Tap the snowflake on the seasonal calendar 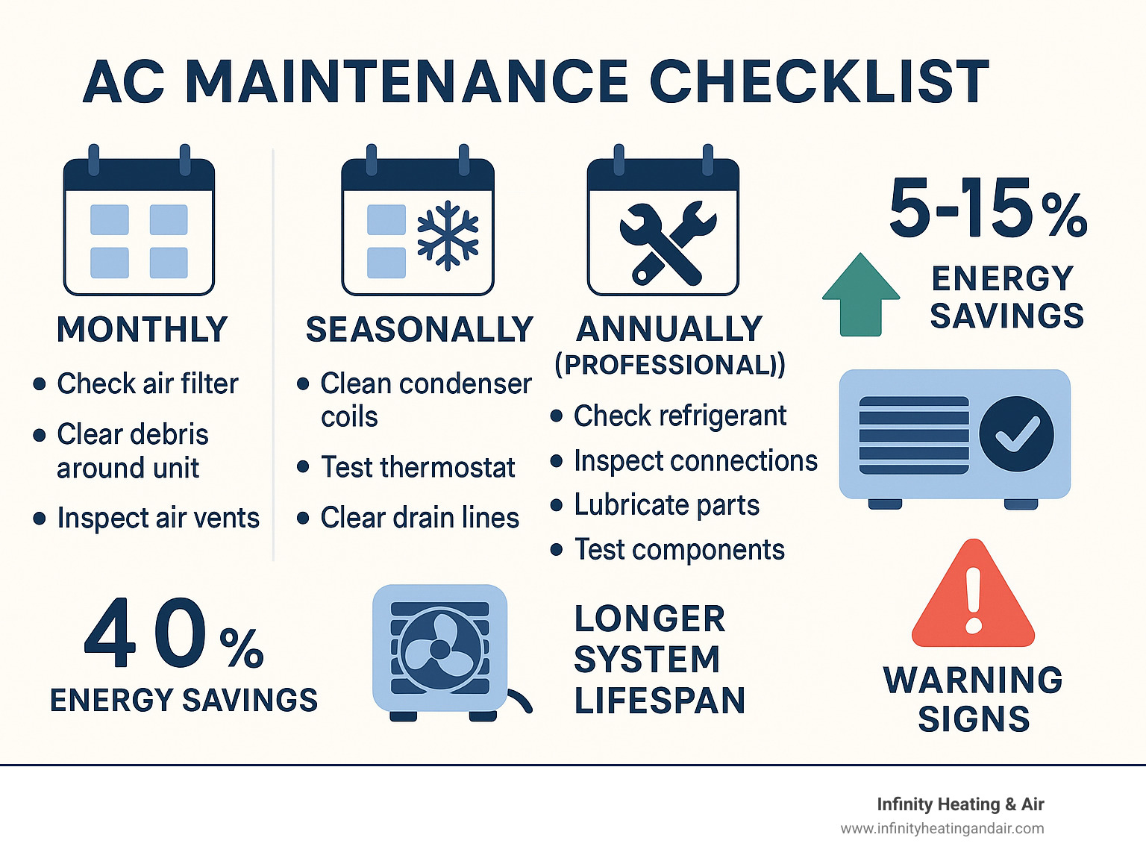tap(448, 234)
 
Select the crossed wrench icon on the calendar tap(666, 242)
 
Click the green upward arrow tap(861, 294)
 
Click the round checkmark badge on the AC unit tap(1016, 433)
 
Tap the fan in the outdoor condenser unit tap(440, 649)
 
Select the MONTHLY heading tap(142, 330)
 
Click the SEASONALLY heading tap(419, 330)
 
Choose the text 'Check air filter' tap(148, 383)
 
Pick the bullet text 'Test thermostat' tap(418, 468)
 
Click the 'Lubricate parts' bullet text tap(666, 505)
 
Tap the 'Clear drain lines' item tap(419, 518)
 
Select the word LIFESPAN tap(660, 701)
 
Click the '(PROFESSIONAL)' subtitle tap(669, 365)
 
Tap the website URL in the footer tap(942, 828)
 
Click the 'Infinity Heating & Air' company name tap(959, 804)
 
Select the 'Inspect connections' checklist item tap(695, 461)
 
